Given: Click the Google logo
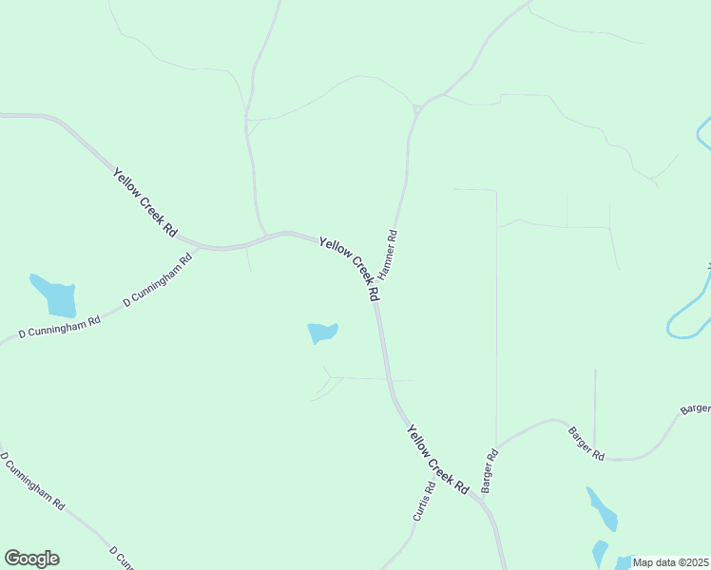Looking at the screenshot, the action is coord(31,559).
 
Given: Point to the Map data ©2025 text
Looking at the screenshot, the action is coord(671,562).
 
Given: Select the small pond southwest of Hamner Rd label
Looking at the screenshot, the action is coord(322,332).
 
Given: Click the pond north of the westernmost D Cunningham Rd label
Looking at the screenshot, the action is coord(55,296).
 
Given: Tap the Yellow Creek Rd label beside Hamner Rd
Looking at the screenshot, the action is coord(350,269).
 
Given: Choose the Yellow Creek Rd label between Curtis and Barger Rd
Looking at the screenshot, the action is coord(438,459).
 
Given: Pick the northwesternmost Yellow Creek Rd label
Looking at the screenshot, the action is coord(145,201).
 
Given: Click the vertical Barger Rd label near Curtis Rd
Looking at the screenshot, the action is coord(490,470).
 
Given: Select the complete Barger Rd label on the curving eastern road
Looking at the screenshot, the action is coord(586,443).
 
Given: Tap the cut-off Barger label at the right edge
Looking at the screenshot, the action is coord(696,409).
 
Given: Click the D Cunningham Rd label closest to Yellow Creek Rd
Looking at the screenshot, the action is coord(158,280).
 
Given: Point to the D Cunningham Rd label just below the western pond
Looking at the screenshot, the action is coord(60,328).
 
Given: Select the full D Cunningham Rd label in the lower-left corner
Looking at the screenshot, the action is coord(32,481).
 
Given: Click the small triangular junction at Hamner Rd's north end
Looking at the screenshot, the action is coord(417,109).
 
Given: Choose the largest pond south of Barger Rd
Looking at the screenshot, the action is coord(603,509).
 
